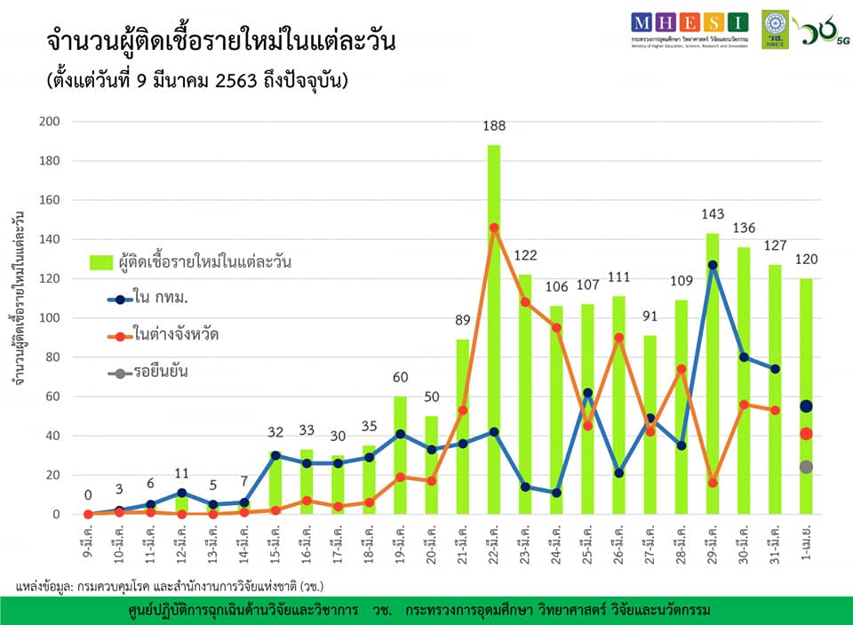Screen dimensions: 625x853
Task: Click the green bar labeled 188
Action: (x=494, y=329)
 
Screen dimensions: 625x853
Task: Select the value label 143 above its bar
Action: (x=713, y=214)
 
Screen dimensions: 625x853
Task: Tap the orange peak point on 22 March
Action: (x=494, y=228)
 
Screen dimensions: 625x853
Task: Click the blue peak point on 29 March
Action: (x=713, y=265)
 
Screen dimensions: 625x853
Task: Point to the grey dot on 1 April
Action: (x=806, y=467)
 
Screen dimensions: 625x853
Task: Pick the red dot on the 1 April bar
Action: (x=806, y=434)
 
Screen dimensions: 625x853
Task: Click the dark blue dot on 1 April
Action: (x=806, y=406)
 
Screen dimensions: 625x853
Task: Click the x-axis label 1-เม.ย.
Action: (x=805, y=551)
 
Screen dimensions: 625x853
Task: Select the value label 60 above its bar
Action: (x=401, y=378)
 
